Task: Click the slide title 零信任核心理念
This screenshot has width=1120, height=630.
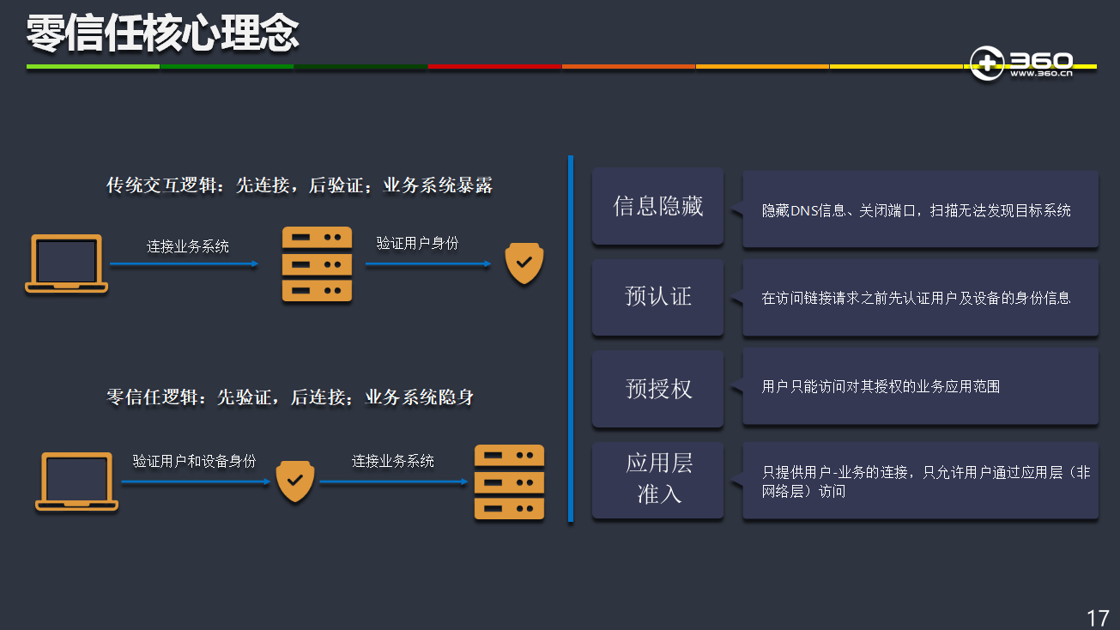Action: tap(162, 34)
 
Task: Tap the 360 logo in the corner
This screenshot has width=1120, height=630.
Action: tap(1021, 64)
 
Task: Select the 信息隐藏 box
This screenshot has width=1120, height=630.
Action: tap(658, 207)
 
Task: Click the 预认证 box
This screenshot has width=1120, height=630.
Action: tap(658, 297)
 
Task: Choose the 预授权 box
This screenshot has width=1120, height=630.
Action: tap(658, 389)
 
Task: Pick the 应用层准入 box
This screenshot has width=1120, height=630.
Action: tap(658, 479)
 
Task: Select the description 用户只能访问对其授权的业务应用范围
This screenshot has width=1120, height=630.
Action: tap(881, 387)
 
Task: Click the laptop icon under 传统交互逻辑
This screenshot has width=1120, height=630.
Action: tap(66, 264)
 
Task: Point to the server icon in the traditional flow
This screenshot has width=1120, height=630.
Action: tap(318, 264)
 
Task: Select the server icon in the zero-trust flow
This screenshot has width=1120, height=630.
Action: tap(510, 482)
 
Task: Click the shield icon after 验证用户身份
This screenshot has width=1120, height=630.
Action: tap(524, 264)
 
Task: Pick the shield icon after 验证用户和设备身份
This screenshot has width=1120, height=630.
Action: tap(294, 482)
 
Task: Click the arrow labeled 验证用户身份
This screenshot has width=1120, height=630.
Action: tap(428, 264)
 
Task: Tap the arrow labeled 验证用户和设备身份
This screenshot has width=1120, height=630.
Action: tap(196, 482)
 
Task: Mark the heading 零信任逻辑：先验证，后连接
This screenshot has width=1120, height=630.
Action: tap(290, 397)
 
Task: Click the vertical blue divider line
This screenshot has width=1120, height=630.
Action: tap(570, 339)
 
